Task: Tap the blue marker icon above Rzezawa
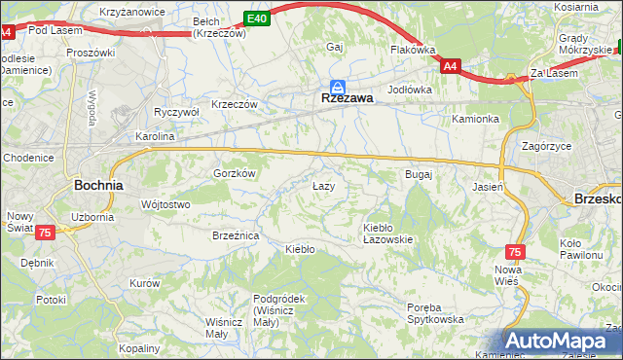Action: [x=337, y=86]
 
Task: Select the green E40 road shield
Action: [x=256, y=18]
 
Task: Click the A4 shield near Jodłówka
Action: [x=449, y=66]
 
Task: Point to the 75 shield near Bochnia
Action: [x=46, y=233]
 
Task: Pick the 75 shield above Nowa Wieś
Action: [x=515, y=251]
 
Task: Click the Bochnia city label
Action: [x=99, y=184]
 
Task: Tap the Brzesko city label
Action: [x=596, y=197]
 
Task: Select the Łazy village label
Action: [x=323, y=185]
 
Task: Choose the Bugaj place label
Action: [x=418, y=174]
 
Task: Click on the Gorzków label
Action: [x=235, y=173]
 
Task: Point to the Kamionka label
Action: [x=475, y=119]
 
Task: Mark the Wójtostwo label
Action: [x=165, y=204]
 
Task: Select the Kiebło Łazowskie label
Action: [x=387, y=233]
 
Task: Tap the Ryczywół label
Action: [x=176, y=112]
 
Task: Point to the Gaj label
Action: [x=336, y=47]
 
